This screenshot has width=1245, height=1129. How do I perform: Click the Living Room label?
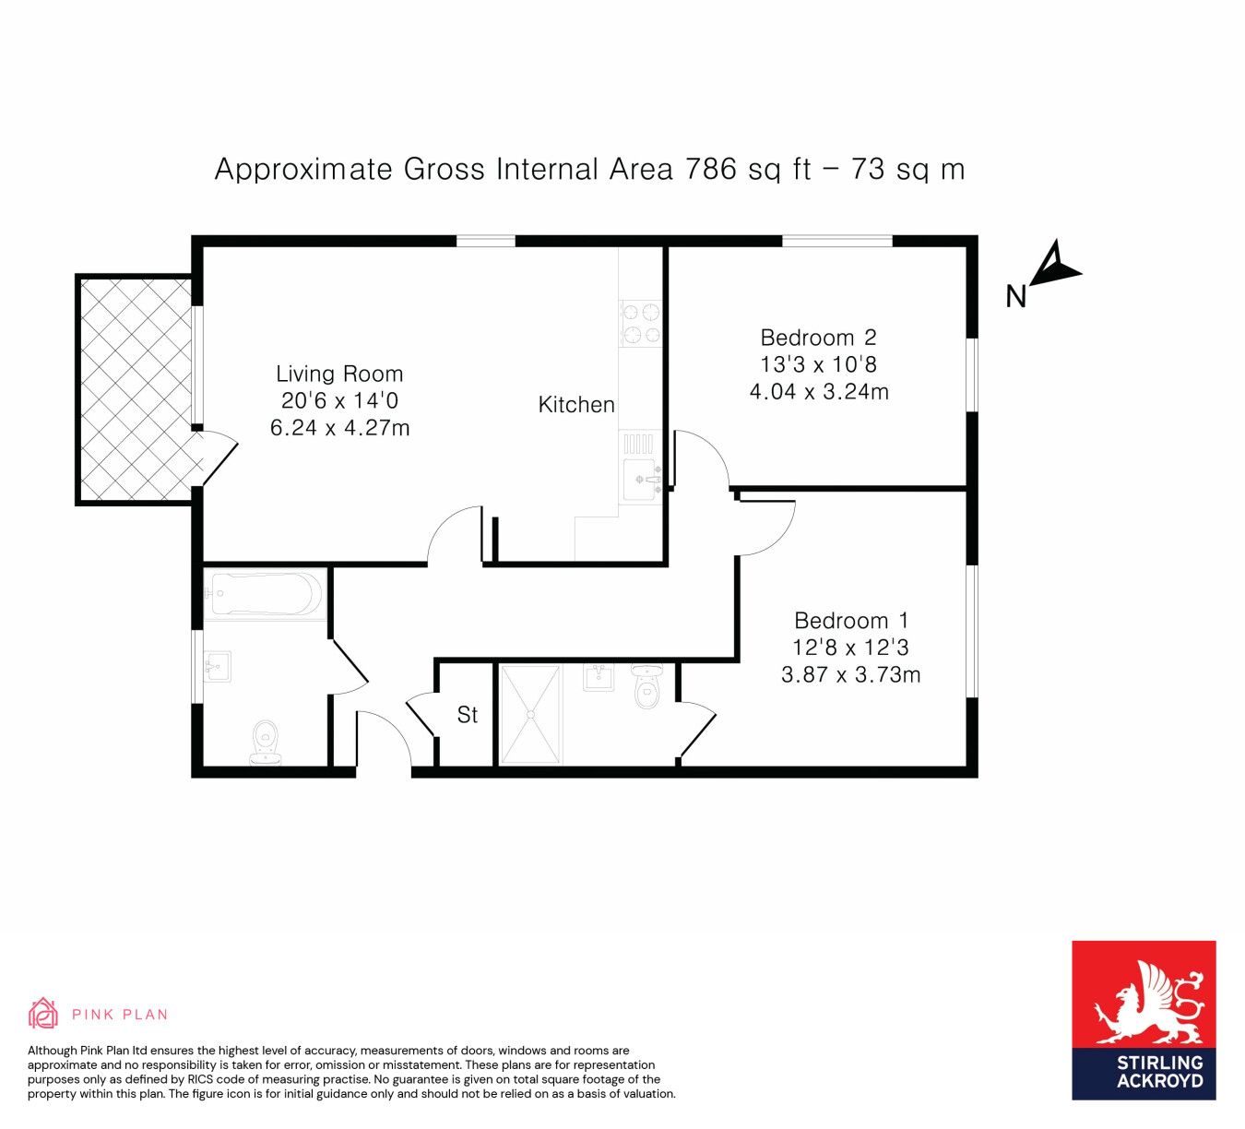339,374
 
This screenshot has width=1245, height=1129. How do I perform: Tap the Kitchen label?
575,404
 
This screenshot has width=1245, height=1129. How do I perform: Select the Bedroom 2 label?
818,338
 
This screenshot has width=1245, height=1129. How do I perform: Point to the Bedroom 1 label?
850,621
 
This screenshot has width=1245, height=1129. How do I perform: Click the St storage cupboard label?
468,715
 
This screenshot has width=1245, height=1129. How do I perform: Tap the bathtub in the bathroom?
265,594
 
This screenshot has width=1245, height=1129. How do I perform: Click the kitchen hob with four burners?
641,323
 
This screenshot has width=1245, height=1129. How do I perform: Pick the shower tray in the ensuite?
529,714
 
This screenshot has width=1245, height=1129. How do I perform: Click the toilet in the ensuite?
647,687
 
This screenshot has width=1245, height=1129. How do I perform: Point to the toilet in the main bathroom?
266,742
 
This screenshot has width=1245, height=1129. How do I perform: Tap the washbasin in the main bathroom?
218,665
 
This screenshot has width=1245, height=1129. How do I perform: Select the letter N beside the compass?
1015,296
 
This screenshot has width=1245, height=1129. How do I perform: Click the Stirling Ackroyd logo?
1144,1020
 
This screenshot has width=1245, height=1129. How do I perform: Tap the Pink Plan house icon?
42,1014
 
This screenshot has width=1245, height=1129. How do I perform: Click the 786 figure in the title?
710,170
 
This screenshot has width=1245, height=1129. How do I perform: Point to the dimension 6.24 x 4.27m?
339,428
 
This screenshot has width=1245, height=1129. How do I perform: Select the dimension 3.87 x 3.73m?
850,675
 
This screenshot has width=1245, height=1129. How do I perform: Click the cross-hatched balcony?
136,389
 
